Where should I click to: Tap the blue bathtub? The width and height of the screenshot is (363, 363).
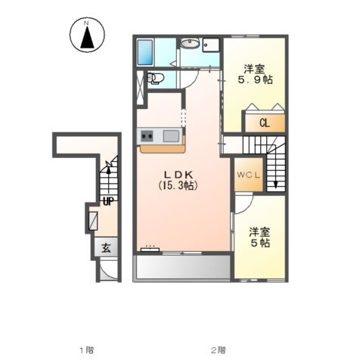click(x=145, y=52)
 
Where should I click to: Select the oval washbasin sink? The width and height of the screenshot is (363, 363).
click(x=191, y=43)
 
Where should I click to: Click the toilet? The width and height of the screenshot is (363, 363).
click(x=155, y=78)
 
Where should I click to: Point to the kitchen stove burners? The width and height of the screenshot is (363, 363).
click(x=147, y=136)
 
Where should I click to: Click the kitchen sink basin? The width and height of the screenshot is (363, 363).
click(x=171, y=136)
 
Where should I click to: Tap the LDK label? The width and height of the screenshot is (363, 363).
click(x=178, y=175)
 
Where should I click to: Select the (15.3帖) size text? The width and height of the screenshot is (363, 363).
click(x=178, y=185)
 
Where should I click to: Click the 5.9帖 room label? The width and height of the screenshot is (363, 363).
click(x=256, y=79)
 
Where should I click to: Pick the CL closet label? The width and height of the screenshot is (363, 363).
click(x=265, y=123)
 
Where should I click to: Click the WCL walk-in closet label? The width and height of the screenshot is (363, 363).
click(x=248, y=175)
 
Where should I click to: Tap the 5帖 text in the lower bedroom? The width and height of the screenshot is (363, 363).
click(x=260, y=243)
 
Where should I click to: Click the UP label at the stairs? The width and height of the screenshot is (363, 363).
click(x=108, y=201)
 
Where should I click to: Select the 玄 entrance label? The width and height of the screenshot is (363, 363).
click(x=106, y=249)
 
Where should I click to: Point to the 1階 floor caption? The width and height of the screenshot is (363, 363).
click(x=87, y=350)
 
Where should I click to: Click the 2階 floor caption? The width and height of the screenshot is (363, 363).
click(x=219, y=350)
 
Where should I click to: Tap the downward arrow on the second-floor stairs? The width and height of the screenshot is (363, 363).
click(x=276, y=173)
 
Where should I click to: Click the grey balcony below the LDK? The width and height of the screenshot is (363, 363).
click(x=183, y=267)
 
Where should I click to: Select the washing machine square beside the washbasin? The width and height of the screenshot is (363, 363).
click(x=211, y=45)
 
